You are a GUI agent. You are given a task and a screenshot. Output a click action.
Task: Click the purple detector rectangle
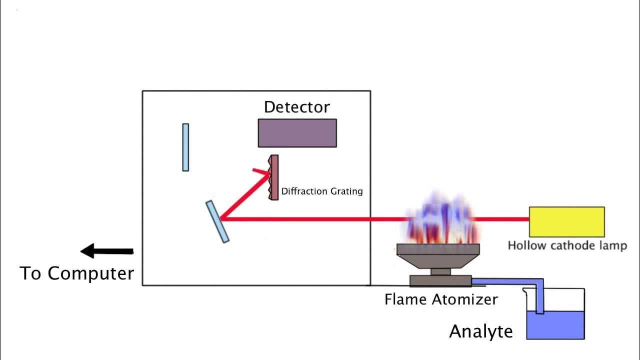(297, 133)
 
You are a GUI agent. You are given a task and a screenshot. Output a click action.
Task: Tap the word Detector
(297, 107)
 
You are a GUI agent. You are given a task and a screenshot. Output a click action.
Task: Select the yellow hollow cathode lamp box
(566, 221)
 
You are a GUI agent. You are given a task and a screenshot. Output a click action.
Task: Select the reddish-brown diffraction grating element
(273, 177)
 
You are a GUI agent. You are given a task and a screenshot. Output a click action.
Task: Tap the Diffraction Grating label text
(322, 191)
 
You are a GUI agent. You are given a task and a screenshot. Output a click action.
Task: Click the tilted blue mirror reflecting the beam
(217, 221)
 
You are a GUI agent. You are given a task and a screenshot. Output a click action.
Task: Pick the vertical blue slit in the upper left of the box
(185, 147)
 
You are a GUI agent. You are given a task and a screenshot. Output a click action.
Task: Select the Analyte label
(481, 331)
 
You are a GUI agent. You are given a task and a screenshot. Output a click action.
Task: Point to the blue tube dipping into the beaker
(539, 297)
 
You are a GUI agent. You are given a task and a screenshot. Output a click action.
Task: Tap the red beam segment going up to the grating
(245, 195)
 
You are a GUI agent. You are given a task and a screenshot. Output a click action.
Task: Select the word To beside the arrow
(31, 273)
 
